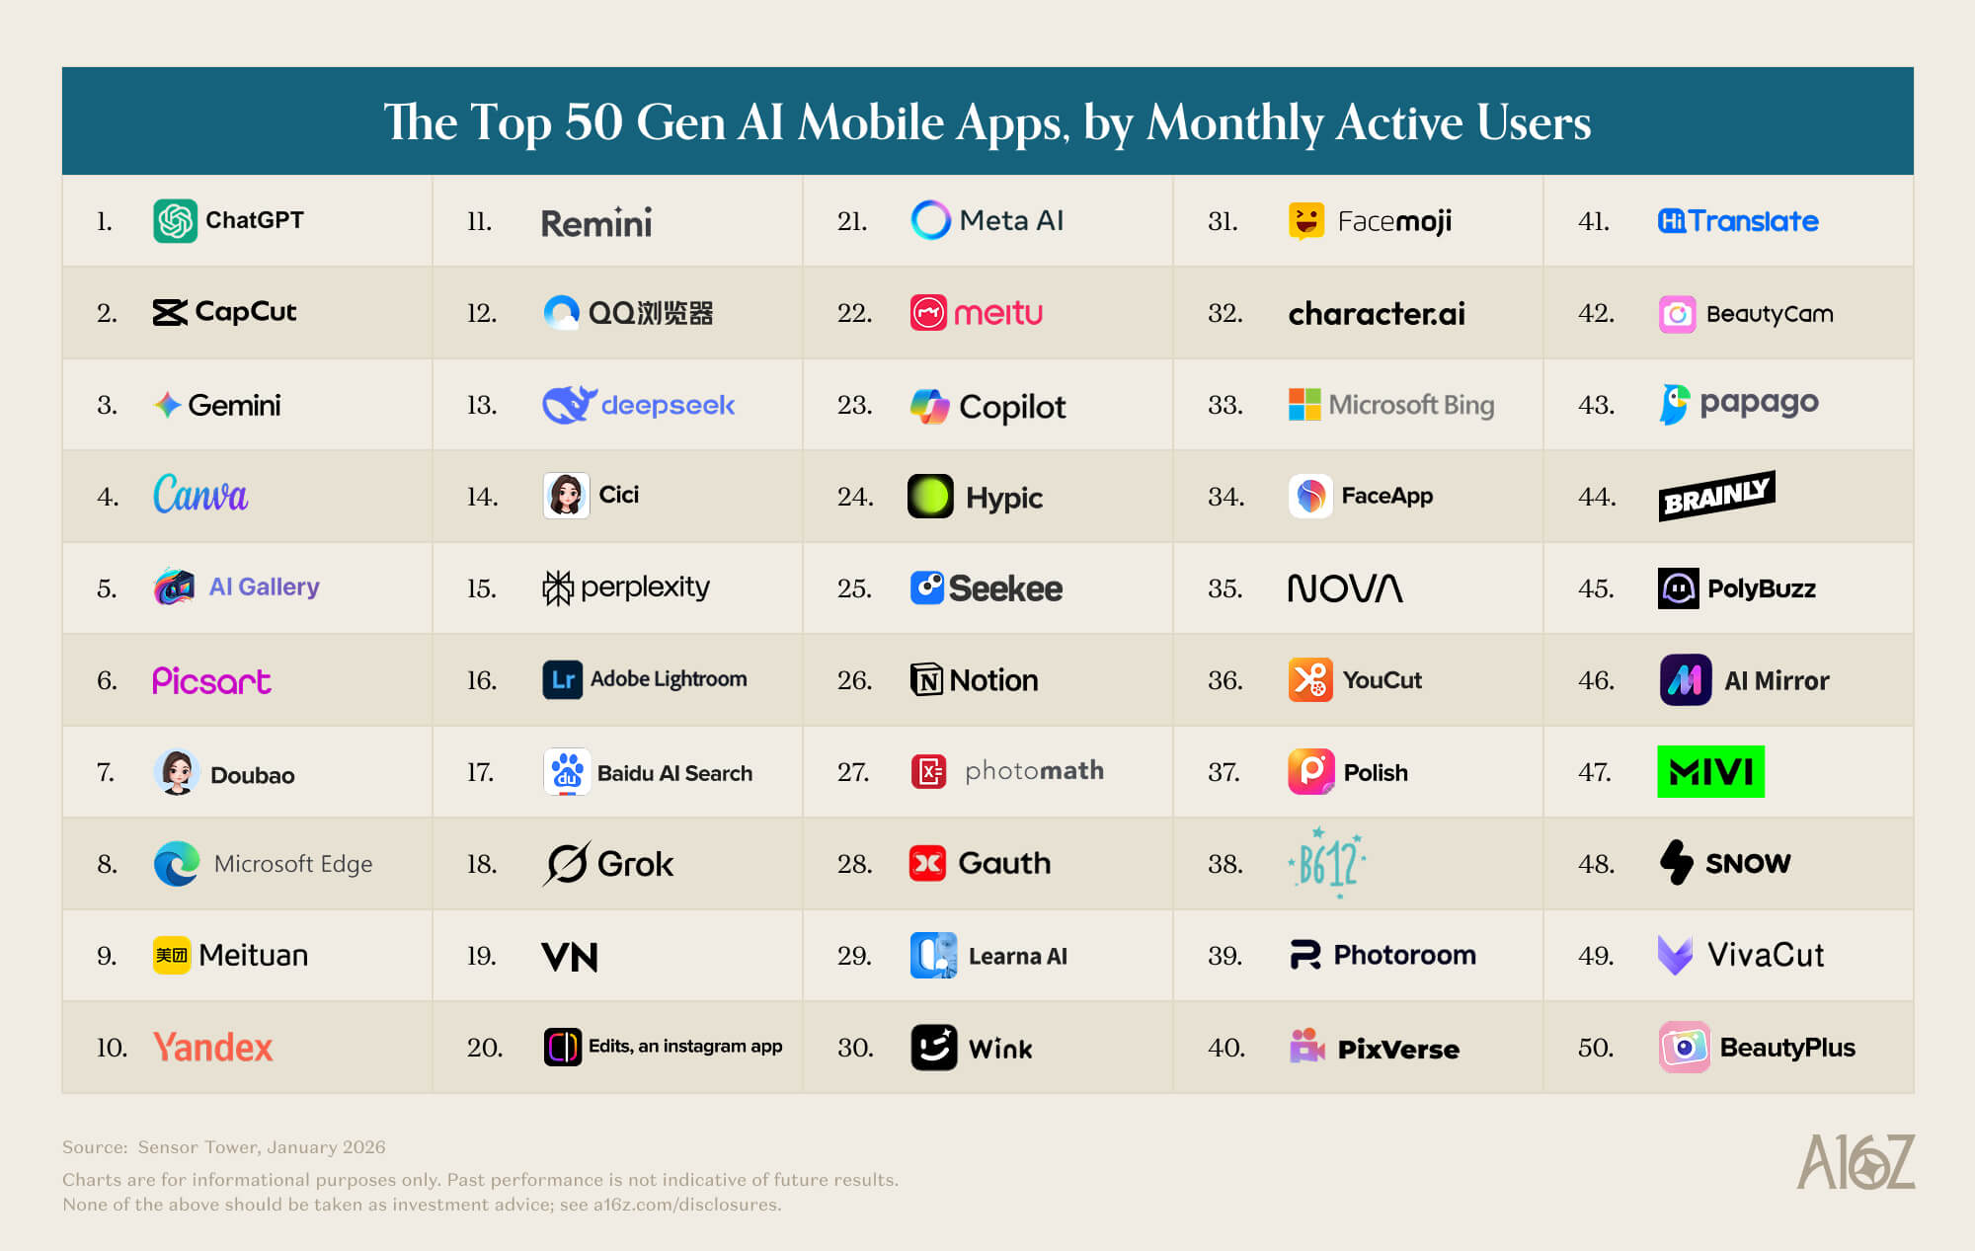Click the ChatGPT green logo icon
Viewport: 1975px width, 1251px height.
click(x=175, y=220)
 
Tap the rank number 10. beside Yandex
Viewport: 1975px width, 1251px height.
click(x=112, y=1048)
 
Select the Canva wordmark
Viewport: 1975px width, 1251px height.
click(x=200, y=495)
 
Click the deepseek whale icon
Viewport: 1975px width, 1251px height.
click(x=568, y=405)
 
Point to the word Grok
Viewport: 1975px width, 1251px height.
click(x=635, y=864)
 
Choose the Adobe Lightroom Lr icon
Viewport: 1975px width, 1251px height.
click(x=562, y=679)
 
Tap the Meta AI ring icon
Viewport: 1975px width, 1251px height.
click(x=930, y=220)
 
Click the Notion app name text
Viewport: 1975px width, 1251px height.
click(x=993, y=680)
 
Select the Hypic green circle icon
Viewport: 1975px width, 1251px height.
click(x=930, y=496)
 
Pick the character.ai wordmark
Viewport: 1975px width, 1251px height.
click(x=1377, y=313)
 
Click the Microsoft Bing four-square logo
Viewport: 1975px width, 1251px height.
click(x=1304, y=405)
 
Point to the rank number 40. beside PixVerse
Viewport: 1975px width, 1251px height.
click(x=1225, y=1048)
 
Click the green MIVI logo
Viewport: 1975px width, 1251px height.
click(x=1710, y=771)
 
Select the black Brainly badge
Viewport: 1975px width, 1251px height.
click(x=1716, y=496)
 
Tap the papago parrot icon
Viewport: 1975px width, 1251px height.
click(x=1674, y=404)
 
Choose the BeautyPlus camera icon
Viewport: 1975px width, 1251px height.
click(x=1685, y=1048)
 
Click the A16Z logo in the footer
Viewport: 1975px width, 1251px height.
click(x=1855, y=1162)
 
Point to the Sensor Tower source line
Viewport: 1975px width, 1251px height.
click(x=224, y=1147)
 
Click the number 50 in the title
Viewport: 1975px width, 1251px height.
click(x=593, y=122)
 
